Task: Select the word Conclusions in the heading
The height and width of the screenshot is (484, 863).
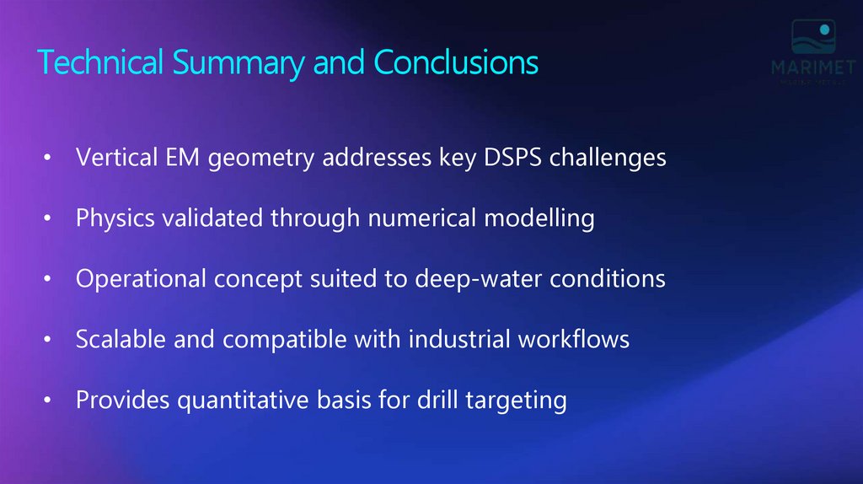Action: pos(456,63)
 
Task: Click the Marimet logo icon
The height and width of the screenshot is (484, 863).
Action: pos(813,39)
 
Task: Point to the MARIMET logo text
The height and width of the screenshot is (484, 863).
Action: pos(813,67)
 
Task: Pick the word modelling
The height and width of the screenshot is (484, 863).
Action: pos(539,218)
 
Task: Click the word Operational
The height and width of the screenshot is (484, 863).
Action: pos(138,279)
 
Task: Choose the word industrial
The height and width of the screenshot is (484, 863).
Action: pos(461,339)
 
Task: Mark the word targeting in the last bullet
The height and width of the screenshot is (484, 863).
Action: pos(514,400)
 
